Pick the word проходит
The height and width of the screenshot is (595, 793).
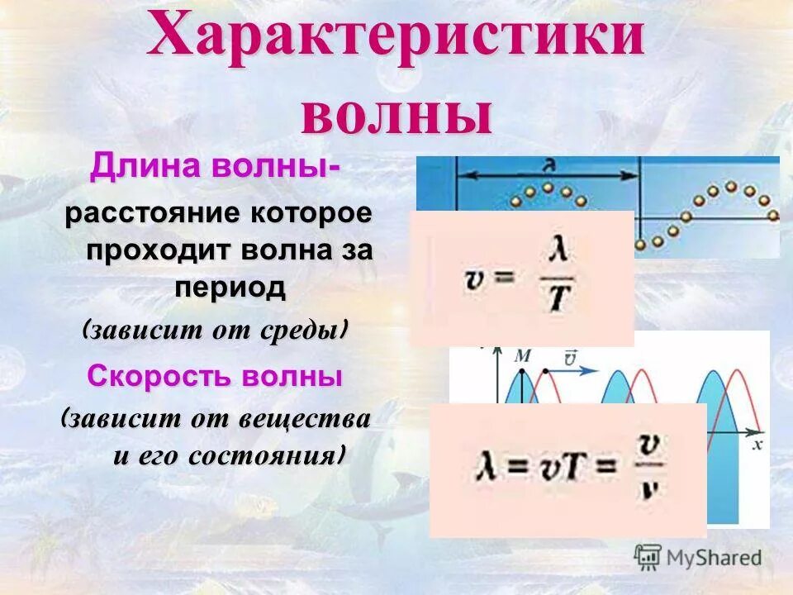click(157, 250)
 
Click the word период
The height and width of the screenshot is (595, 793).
click(230, 288)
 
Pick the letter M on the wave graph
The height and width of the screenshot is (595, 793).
click(521, 356)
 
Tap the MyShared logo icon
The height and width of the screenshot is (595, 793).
click(648, 557)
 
